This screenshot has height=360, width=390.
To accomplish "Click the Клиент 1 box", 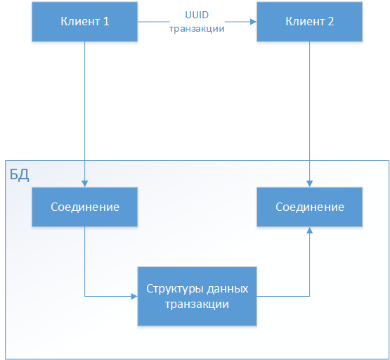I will [85, 21].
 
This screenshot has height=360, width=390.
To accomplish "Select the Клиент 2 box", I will [309, 21].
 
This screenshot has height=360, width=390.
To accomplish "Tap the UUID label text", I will [197, 15].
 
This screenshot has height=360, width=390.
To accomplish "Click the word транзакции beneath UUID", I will [197, 29].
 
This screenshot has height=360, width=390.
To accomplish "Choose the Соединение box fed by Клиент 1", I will [85, 207].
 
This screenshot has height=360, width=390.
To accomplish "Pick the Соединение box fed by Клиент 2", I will [309, 207].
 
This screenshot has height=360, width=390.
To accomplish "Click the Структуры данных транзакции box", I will [197, 296].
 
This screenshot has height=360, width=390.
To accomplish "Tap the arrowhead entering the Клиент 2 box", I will [252, 21].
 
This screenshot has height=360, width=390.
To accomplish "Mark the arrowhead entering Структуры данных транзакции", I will [134, 296].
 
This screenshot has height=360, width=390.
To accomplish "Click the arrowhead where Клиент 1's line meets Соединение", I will [85, 184].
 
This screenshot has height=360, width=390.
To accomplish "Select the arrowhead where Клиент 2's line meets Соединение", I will [309, 184].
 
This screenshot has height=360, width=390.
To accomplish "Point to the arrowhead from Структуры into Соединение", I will [309, 231].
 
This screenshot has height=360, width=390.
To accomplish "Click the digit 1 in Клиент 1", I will [106, 21].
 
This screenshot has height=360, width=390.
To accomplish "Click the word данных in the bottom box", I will [226, 289].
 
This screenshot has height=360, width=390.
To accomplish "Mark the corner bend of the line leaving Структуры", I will [309, 296].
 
